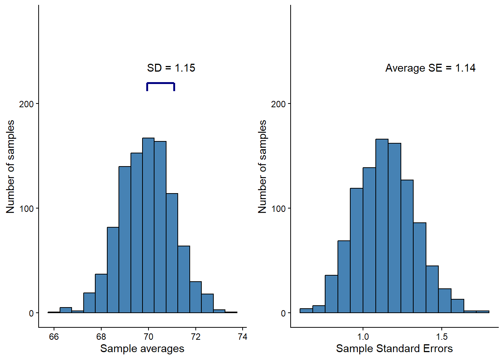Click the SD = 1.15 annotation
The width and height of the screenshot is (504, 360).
point(171,68)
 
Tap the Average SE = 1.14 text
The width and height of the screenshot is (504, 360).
point(430,68)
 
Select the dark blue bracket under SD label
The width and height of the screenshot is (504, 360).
point(160,84)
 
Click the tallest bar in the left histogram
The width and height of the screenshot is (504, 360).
point(148,225)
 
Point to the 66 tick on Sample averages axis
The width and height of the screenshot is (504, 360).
point(54,336)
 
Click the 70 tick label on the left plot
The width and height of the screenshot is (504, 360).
point(148,336)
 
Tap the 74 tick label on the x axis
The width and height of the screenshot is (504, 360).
point(243,336)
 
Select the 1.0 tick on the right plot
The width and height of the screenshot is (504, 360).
point(363,336)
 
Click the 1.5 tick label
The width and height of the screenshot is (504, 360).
point(442,336)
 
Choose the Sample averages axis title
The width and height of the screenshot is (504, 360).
point(142,349)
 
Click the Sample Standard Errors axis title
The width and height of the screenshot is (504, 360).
point(394,349)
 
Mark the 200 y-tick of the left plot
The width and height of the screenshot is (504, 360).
point(26,104)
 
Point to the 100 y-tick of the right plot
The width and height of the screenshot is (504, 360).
point(278,208)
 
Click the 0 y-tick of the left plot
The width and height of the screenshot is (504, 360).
point(31,313)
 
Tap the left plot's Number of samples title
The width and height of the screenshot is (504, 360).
point(10,166)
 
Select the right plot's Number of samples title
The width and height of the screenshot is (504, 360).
point(262,166)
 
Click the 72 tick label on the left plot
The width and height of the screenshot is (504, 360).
point(195,336)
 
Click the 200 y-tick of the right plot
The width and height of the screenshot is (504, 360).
point(278,104)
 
